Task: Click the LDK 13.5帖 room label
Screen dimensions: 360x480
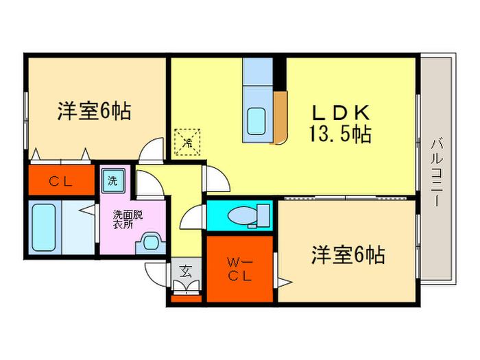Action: (342, 123)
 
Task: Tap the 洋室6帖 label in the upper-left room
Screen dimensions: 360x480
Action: (94, 110)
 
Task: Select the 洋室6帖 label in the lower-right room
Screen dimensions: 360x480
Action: (348, 255)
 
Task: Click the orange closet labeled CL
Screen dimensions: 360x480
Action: (61, 181)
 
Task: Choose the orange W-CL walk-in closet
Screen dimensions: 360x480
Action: (239, 268)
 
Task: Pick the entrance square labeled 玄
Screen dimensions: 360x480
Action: (186, 270)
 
